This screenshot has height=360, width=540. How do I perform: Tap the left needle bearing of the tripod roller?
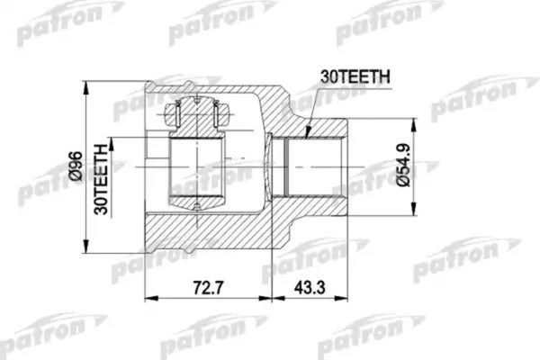pyautogui.click(x=177, y=114)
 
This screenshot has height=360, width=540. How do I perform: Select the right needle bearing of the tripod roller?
pyautogui.click(x=218, y=114)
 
